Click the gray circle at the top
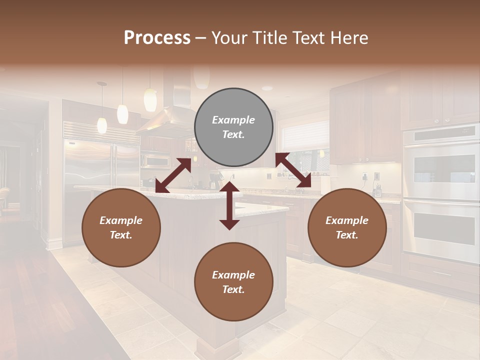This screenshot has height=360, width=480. point(233,127)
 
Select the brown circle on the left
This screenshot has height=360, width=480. point(121,227)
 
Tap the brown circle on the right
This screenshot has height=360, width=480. point(347,227)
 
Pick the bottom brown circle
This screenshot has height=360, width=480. point(233,282)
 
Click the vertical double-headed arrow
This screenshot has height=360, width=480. point(229,205)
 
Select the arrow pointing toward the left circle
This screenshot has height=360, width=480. point(173,175)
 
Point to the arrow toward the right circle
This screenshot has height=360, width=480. point(293,170)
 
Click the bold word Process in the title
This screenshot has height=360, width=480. point(157,38)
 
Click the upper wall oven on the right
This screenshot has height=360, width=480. point(440,165)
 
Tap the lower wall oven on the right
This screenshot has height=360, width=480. point(440,230)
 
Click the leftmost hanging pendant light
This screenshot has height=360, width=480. point(102,125)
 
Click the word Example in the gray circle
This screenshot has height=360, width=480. point(233,120)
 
